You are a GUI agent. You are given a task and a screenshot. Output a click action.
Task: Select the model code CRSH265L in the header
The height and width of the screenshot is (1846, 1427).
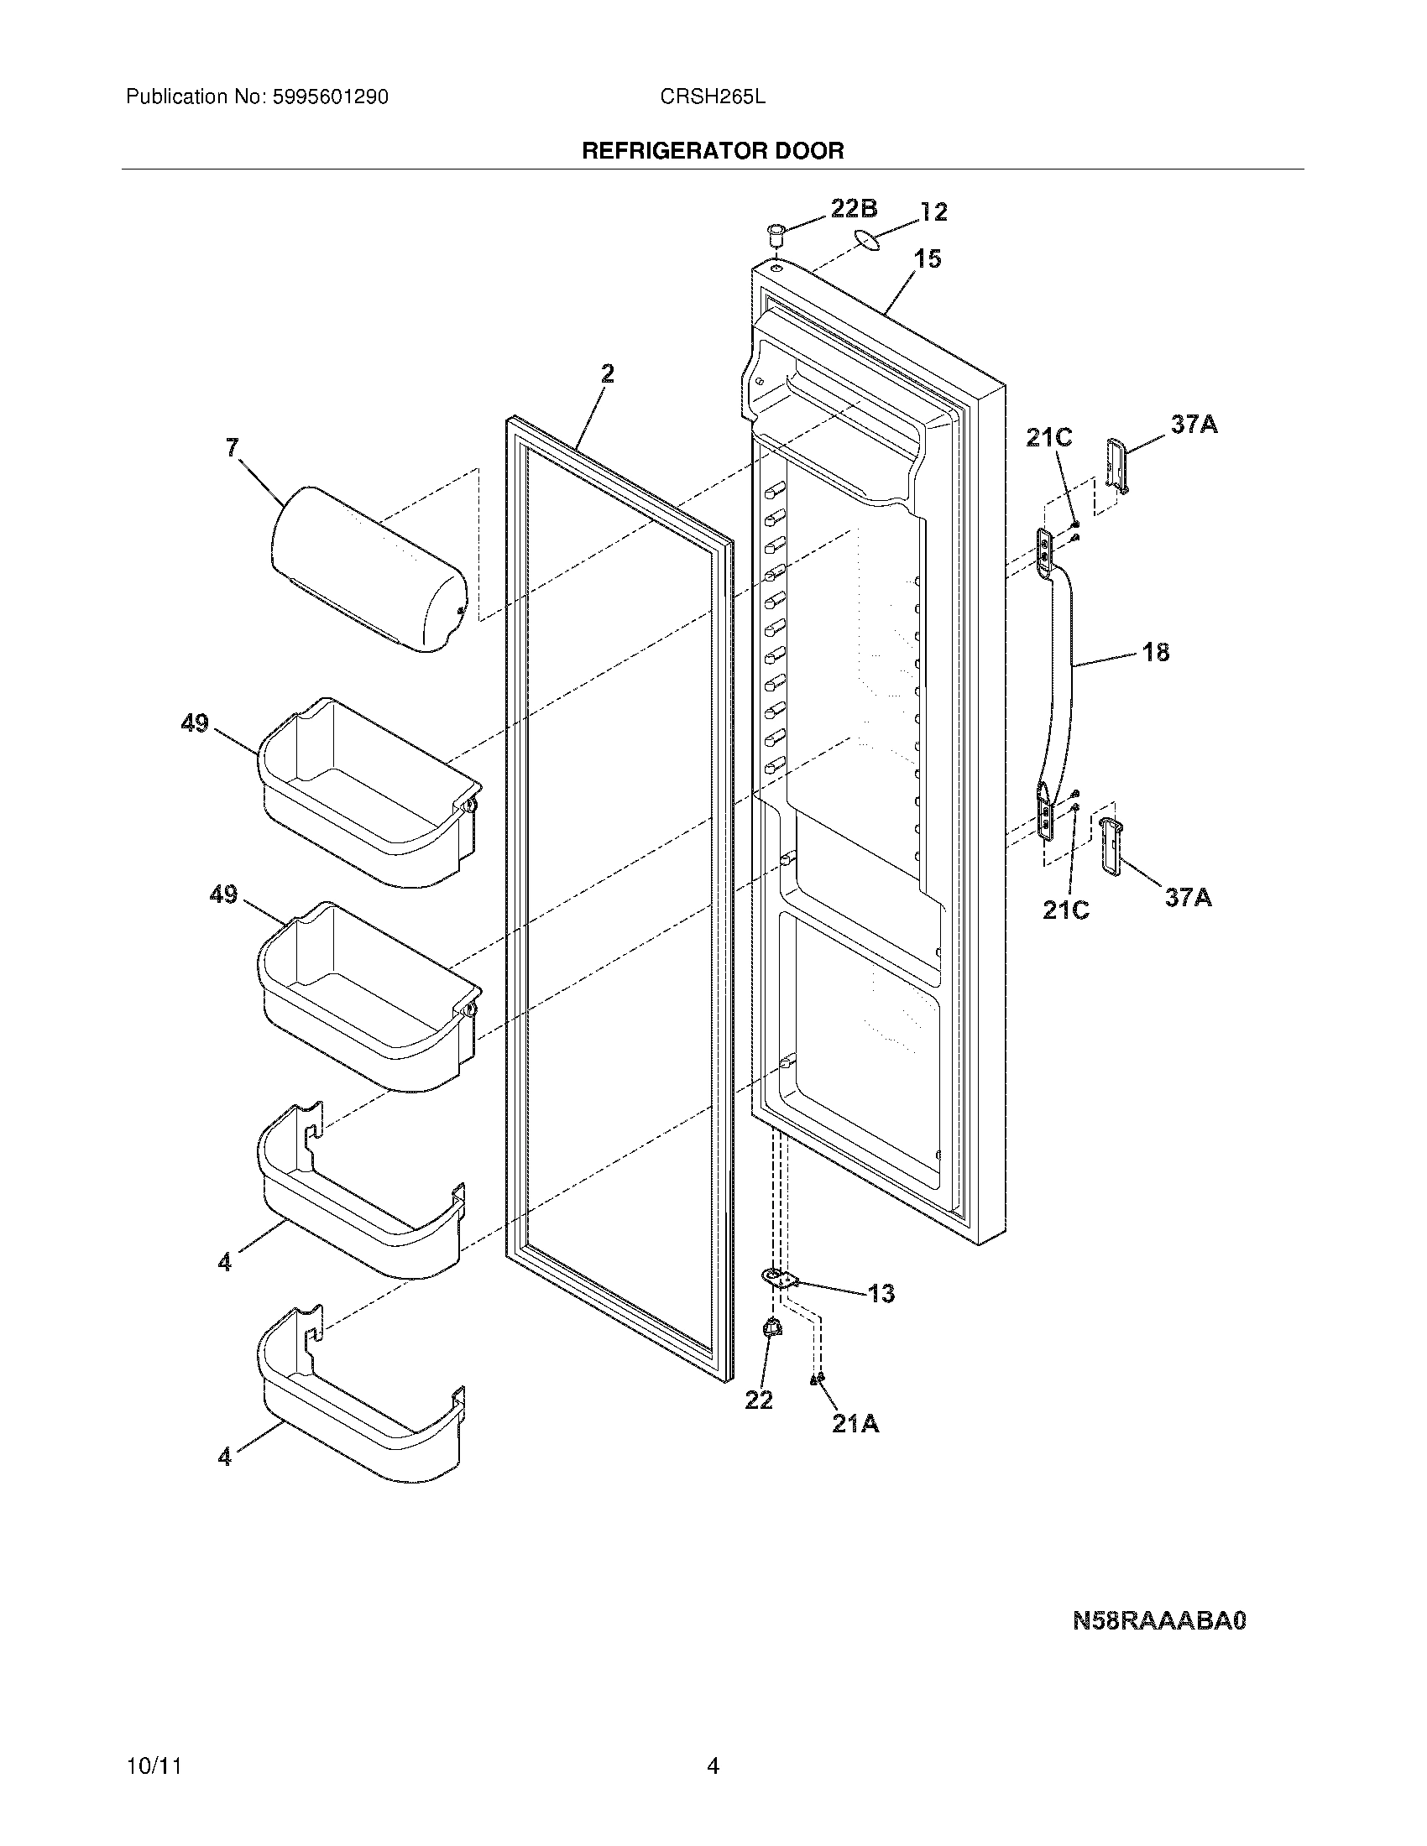713,97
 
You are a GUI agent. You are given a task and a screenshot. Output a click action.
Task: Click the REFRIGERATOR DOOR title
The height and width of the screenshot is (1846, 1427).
713,151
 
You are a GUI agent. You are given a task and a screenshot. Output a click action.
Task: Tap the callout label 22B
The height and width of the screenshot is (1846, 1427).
853,209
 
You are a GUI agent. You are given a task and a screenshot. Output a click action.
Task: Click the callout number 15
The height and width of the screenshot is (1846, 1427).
927,259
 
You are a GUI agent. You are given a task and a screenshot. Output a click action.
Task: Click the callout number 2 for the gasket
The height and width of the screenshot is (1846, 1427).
607,373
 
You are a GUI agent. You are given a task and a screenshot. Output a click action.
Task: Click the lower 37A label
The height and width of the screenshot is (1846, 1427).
1188,897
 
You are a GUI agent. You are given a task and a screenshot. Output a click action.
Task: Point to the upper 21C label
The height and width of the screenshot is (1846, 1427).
1048,437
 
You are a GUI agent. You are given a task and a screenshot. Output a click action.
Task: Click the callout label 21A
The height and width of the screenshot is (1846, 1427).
855,1424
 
